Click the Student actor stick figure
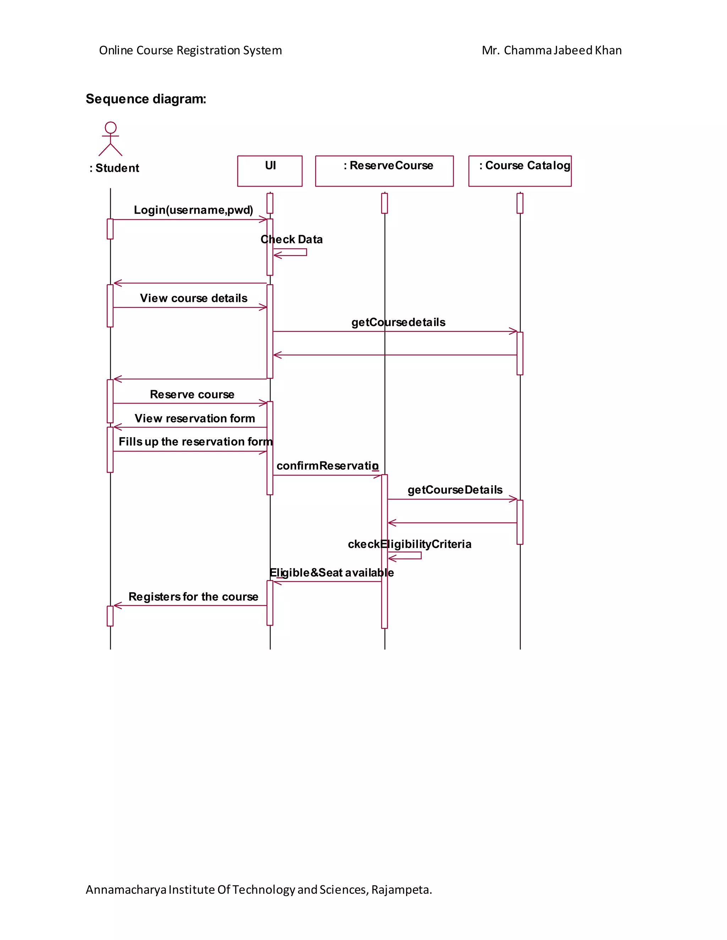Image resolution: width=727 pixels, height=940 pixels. coord(110,139)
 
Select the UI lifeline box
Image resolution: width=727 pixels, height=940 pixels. coord(270,171)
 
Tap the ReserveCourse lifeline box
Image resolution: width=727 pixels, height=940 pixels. coord(384,171)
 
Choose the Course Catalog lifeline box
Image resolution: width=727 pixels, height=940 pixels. coord(519,171)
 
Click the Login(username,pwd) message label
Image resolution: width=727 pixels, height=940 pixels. coord(193,210)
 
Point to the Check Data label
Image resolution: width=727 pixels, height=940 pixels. coord(291,239)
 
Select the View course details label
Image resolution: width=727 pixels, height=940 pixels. coord(193,298)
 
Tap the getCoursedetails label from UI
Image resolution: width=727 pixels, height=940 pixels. coord(398,322)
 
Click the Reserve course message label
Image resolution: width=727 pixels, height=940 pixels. coord(192,395)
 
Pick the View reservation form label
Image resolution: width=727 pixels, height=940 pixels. coord(195,418)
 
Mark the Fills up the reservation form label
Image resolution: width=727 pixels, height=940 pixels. coord(196,442)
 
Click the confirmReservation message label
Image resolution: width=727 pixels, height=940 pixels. coord(328,466)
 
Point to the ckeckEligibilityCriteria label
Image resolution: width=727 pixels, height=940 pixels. coord(410,544)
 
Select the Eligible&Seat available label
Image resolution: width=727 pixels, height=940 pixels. coord(332,573)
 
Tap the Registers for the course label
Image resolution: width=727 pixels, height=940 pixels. coord(193,597)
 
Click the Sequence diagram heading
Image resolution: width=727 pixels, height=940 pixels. coord(146,99)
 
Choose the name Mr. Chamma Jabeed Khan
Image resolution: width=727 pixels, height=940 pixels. coord(552,50)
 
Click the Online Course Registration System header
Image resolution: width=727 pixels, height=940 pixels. coord(190,50)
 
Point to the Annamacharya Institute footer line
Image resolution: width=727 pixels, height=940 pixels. coord(259,889)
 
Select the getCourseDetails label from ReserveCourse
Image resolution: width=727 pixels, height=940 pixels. coord(455,490)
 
